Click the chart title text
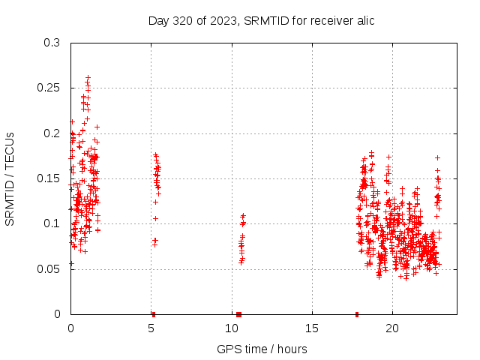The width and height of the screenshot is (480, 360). tap(261, 20)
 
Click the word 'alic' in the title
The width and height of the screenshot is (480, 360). tap(363, 20)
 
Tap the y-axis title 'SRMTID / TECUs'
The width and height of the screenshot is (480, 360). tap(10, 178)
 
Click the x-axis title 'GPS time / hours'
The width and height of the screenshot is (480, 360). tap(262, 349)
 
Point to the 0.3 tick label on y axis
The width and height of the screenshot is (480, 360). tap(52, 43)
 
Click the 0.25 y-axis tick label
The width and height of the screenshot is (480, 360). tap(49, 88)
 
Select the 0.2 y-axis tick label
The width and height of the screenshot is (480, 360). tap(52, 133)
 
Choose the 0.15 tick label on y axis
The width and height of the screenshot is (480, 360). tap(49, 178)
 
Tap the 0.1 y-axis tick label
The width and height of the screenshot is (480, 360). tap(52, 223)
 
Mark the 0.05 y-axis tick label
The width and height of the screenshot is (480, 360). tap(49, 268)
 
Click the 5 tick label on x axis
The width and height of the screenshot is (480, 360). tap(151, 328)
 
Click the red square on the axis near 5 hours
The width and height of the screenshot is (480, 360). tap(154, 314)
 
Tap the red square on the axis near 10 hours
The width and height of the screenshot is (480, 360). tap(238, 314)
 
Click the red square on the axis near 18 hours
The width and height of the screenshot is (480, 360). tap(357, 314)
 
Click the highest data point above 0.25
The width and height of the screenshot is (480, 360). tap(88, 77)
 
